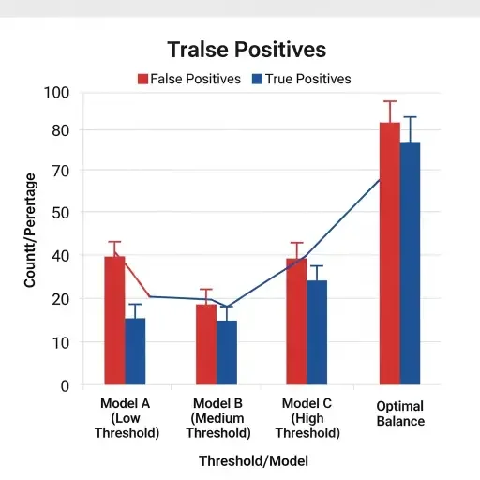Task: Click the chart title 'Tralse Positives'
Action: (x=246, y=49)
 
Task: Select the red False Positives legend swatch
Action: (x=143, y=79)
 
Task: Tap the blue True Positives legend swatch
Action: (x=258, y=79)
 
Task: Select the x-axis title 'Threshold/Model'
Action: (x=253, y=461)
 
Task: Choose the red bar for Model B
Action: (x=206, y=344)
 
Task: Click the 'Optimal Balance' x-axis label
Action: (x=400, y=413)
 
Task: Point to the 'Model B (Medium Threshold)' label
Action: (x=218, y=418)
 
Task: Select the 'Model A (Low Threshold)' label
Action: (x=127, y=418)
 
